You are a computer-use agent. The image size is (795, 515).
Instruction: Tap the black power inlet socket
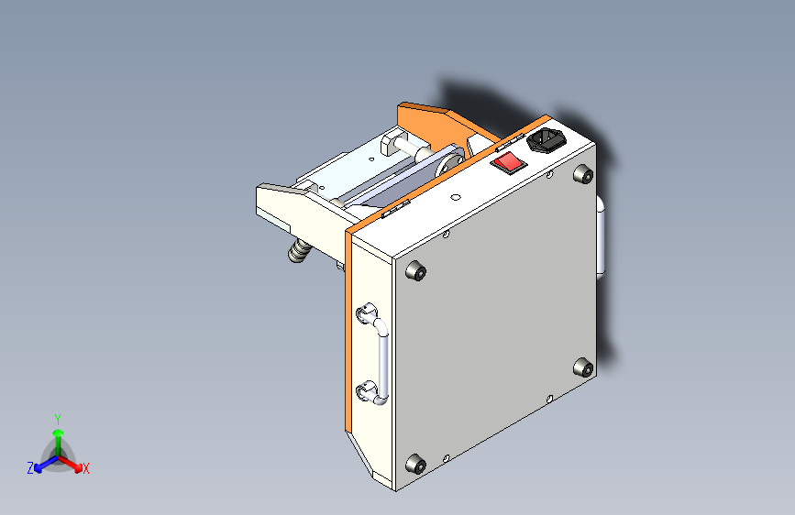click(x=547, y=142)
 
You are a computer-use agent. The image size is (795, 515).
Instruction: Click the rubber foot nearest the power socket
click(x=580, y=174)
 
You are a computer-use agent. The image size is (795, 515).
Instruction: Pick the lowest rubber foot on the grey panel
click(x=415, y=465)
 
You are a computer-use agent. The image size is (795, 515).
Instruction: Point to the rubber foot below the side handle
click(x=582, y=367)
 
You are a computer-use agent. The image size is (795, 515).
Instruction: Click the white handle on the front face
click(x=381, y=358)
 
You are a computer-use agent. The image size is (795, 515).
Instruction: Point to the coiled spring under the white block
click(x=299, y=250)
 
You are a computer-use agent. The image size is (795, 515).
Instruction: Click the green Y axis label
click(x=57, y=417)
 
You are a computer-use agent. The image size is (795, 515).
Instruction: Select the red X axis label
click(x=86, y=469)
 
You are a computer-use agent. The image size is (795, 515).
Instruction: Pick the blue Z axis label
click(x=30, y=468)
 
